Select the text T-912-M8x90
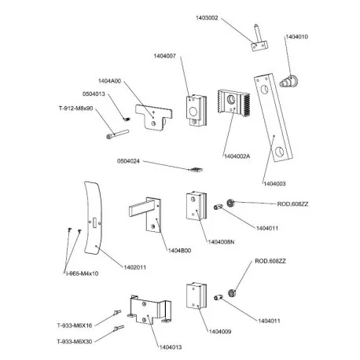click(x=75, y=108)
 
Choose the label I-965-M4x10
click(x=82, y=273)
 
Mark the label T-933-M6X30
click(x=75, y=342)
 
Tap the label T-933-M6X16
click(x=75, y=324)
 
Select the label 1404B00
click(x=180, y=250)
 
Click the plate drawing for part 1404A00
click(x=152, y=117)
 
